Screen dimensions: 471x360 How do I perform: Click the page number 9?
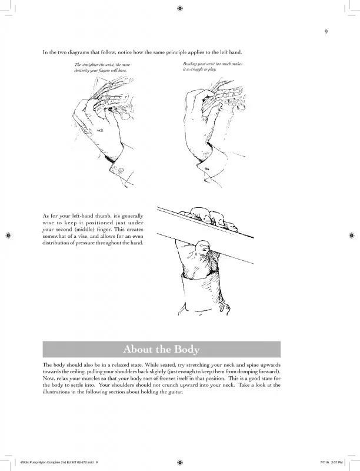(326, 31)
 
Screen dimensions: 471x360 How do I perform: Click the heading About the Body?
(162, 349)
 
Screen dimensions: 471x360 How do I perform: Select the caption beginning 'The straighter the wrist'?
(102, 67)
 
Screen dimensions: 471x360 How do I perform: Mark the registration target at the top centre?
(179, 8)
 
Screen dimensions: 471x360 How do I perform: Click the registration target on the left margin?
(8, 235)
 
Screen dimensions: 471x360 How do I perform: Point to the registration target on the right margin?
(352, 235)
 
